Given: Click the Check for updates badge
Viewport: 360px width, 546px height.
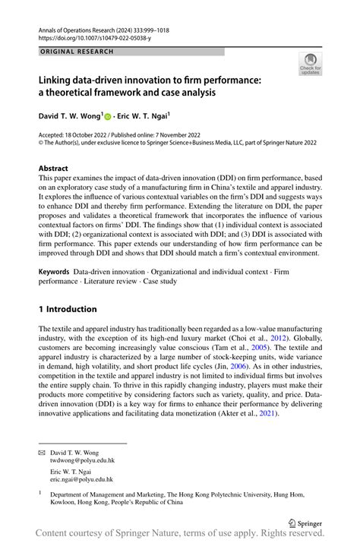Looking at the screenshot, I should click(310, 65).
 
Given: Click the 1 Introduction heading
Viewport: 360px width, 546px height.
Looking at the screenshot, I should click(68, 309).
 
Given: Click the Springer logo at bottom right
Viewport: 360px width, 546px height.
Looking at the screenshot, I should click(304, 522).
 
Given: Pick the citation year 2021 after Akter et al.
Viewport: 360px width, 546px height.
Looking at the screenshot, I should click(268, 413).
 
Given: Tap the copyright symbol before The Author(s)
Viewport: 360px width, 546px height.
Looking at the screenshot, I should click(41, 142).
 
